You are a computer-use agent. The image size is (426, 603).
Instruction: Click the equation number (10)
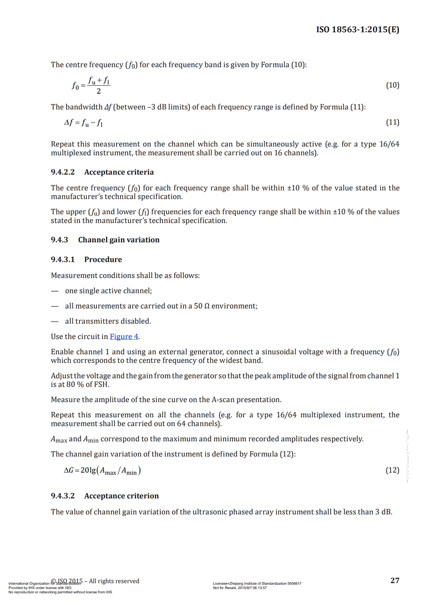[x=392, y=85]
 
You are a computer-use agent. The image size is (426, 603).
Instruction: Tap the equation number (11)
[x=392, y=123]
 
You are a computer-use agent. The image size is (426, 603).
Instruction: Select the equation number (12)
[x=392, y=470]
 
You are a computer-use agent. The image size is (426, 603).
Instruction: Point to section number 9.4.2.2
[x=63, y=172]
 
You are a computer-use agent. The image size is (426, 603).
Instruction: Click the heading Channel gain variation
[x=119, y=240]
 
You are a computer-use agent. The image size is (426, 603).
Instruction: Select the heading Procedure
[x=103, y=260]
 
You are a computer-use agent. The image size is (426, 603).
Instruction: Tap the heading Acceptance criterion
[x=121, y=496]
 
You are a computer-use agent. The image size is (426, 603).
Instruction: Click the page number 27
[x=395, y=581]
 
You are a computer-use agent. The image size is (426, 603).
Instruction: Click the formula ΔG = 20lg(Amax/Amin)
[x=102, y=471]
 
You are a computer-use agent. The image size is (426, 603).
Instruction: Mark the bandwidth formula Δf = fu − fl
[x=84, y=123]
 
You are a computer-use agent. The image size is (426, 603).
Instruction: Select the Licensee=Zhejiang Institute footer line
[x=257, y=584]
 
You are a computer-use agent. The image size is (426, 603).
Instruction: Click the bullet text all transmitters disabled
[x=108, y=321]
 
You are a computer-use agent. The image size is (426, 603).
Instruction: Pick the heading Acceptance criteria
[x=119, y=172]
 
